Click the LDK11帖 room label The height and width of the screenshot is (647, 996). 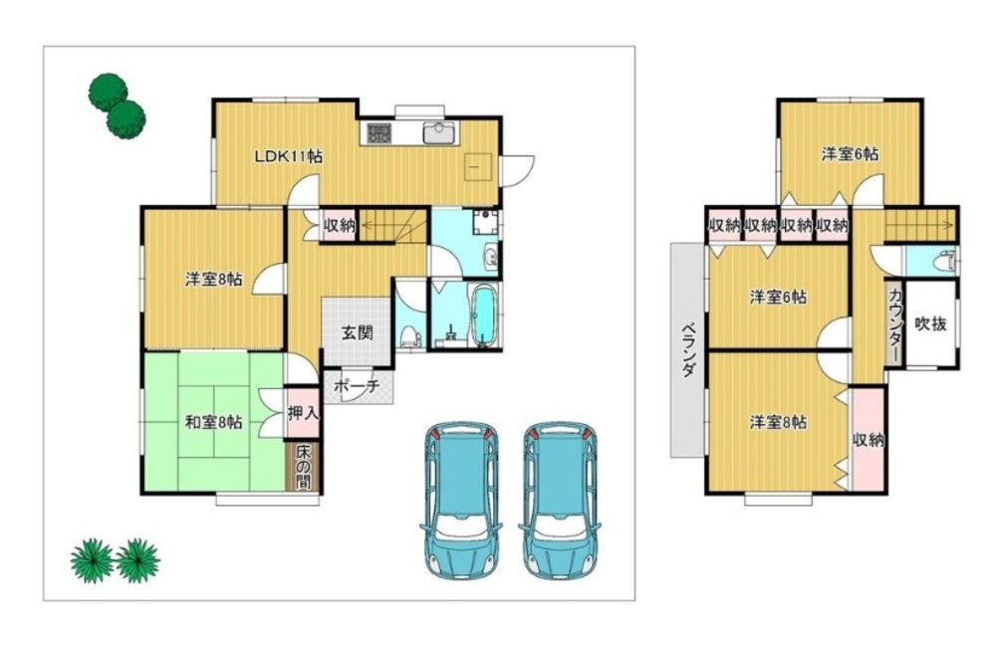coord(289,156)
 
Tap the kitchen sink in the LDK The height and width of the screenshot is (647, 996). coord(438,133)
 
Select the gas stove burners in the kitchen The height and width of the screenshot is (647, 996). coord(379,132)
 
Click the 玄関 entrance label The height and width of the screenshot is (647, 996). coord(357,332)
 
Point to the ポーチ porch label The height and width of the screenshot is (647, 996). coord(357,386)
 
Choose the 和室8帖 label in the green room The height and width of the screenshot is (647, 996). coord(213,422)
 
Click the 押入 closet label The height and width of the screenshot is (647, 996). coord(301,413)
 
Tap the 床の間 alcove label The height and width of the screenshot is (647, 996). coord(303,467)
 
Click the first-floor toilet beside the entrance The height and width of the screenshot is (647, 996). coord(411,335)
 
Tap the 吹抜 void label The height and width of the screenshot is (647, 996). coord(930,323)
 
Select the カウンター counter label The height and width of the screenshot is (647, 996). coord(894,323)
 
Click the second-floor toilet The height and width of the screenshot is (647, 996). coord(947,261)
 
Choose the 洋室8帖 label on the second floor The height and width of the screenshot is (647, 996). coord(778,422)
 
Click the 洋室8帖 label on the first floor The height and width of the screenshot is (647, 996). coord(213,279)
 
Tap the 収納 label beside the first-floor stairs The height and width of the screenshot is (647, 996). coord(340,225)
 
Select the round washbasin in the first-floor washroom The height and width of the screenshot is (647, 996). coord(491,257)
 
